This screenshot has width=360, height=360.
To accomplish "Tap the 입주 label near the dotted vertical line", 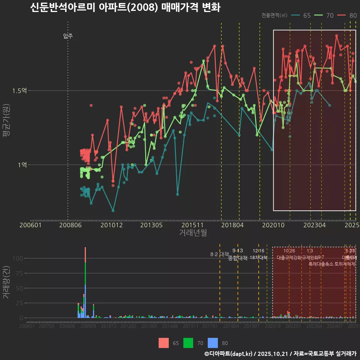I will pos(68,36).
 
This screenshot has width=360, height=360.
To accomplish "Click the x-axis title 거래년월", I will pos(193,232).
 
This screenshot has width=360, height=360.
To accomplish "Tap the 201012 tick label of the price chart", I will pos(111,225).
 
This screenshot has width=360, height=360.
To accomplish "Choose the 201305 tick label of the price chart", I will pos(151,225).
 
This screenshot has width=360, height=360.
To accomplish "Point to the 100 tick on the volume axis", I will pos(18,258).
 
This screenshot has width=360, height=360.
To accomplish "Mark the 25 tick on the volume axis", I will pos(19,303).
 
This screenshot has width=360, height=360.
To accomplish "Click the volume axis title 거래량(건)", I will pos(6,282).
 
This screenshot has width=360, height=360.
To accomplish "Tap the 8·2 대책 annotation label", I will pos(219,255).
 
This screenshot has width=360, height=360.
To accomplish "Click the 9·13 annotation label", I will pos(238,251).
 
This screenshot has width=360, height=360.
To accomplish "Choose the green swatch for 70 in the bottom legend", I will pos(188,343).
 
